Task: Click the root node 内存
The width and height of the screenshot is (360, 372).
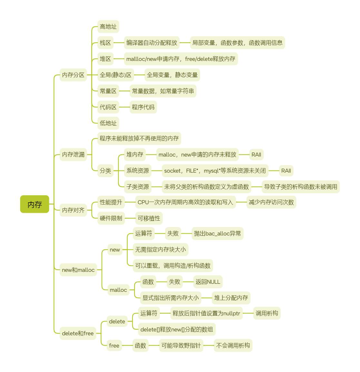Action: point(34,204)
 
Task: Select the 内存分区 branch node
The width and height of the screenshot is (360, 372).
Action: point(73,75)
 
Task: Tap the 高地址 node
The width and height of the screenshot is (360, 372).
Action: point(108,26)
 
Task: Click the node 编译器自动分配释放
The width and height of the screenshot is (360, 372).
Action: point(151,43)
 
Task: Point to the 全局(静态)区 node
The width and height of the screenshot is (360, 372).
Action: point(116,75)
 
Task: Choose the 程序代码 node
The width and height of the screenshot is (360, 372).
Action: point(143,107)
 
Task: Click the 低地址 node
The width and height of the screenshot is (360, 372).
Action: point(108,123)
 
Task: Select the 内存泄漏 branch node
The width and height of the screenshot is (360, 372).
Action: point(73,154)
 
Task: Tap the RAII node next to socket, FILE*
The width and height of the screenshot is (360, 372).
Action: point(286,171)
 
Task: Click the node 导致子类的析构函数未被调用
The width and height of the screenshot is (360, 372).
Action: point(300,186)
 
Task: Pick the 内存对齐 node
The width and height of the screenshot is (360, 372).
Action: point(73,210)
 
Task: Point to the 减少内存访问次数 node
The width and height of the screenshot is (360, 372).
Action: point(271,202)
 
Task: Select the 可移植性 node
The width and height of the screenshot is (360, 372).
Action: point(149,218)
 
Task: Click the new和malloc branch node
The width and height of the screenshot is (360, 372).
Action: point(78,270)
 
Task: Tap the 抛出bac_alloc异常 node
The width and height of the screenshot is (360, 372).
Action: point(217,234)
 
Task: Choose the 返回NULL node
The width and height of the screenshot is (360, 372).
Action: point(208,282)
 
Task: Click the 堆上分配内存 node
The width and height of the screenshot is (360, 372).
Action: point(231,298)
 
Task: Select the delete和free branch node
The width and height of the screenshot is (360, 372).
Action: point(78,333)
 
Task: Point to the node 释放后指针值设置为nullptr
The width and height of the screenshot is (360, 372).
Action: point(206,313)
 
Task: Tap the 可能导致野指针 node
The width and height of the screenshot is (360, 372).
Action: point(181,345)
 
